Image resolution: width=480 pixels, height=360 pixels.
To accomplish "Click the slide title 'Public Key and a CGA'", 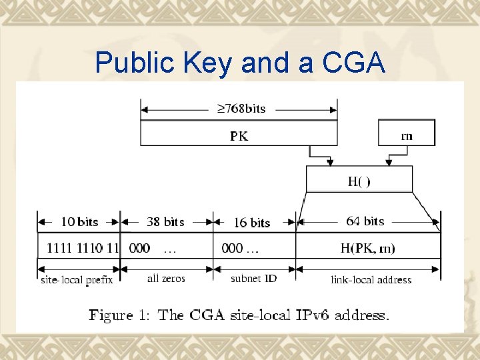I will pos(240,63).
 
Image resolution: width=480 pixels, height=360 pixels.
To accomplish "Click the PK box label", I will pos(239,136).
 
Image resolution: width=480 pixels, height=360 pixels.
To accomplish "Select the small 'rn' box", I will pos(406,135).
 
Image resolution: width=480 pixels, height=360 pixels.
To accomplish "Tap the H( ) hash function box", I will pos(359,181).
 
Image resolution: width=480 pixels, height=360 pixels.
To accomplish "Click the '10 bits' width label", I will pos(79,222).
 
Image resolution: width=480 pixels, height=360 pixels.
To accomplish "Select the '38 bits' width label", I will pos(165,222).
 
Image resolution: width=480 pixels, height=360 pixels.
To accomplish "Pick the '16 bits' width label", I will pos(251,223).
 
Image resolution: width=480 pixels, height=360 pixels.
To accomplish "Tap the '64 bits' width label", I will pos(365,221).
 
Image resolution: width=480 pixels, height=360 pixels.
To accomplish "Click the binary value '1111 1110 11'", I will pos(83,249).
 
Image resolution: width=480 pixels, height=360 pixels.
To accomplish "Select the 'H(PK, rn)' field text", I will pos(367,249).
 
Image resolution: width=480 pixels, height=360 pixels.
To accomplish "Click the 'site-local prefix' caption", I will pos(77,280).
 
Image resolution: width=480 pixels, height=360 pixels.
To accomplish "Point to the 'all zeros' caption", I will pos(166,279).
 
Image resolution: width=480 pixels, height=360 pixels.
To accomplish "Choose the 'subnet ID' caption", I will pos(253,279).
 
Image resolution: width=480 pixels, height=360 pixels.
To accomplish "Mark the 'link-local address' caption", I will pos(371,280).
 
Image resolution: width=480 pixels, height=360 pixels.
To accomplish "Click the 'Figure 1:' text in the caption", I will pos(121,315).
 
